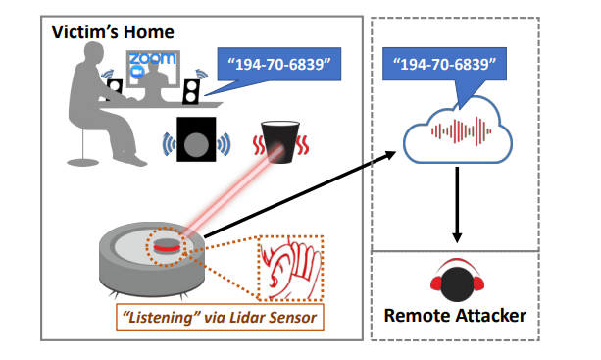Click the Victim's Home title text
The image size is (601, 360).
click(113, 31)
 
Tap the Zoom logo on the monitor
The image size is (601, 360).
click(153, 58)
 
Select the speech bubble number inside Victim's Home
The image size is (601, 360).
click(279, 64)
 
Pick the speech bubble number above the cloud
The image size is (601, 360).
click(444, 64)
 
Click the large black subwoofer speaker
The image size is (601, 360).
click(196, 139)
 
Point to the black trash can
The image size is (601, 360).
click(280, 142)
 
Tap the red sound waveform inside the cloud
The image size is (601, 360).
click(462, 131)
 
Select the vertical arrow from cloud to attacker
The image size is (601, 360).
click(457, 205)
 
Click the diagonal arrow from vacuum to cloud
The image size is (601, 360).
click(300, 194)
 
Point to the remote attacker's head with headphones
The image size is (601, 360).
click(457, 281)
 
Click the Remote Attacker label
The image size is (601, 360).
click(455, 316)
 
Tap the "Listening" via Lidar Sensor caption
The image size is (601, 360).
click(220, 318)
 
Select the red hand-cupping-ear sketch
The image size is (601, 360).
click(290, 269)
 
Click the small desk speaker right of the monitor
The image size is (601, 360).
click(191, 91)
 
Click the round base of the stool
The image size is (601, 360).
click(82, 162)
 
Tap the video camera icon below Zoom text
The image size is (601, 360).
click(137, 72)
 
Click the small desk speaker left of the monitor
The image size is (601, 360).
click(115, 89)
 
